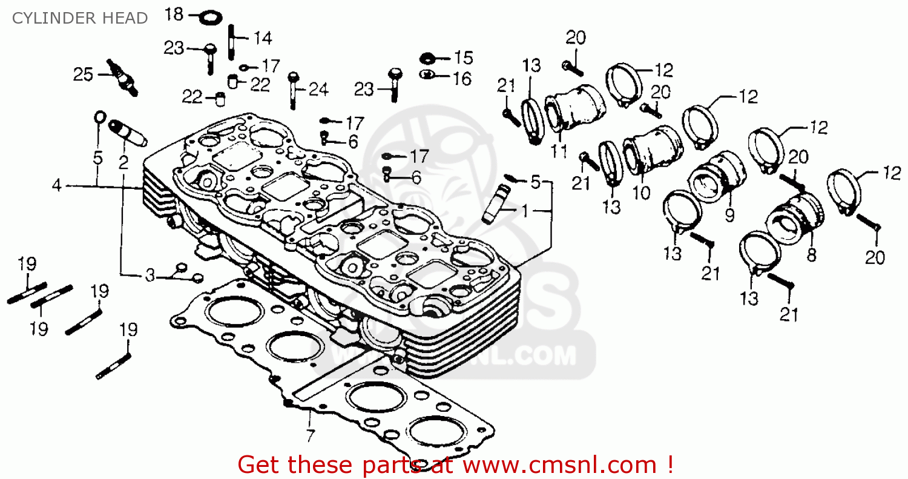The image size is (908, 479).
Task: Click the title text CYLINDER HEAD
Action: coord(80,18)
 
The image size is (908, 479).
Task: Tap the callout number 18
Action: coord(174,14)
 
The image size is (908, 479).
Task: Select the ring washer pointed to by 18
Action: coord(209,16)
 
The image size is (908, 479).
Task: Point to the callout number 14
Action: coord(262,38)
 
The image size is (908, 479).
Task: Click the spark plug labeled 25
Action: coord(122,77)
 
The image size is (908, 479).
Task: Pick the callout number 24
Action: coord(318,90)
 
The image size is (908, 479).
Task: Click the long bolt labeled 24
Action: coord(294,90)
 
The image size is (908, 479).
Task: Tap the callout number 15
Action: coord(463,58)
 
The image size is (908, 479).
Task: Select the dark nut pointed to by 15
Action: coord(428,58)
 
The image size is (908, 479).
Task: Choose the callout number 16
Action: coord(462,78)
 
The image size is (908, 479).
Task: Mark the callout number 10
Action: coord(641,193)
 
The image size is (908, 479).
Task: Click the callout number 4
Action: coord(56,186)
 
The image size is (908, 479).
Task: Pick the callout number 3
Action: coord(150,276)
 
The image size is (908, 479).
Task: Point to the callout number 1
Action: coord(525,211)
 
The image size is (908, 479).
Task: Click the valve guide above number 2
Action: coord(127,133)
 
